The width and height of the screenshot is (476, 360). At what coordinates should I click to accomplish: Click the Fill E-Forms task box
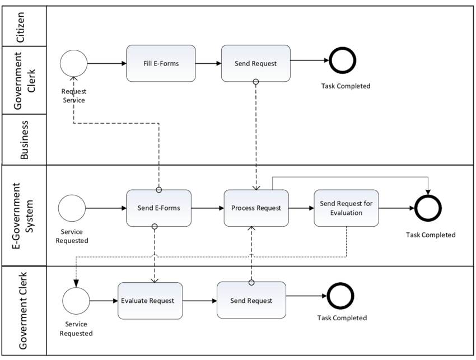click(161, 63)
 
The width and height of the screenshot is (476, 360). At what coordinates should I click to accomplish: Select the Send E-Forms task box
click(159, 208)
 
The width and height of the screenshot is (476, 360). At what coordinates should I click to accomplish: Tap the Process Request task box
click(256, 208)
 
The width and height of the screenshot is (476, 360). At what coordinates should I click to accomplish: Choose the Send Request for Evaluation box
click(346, 208)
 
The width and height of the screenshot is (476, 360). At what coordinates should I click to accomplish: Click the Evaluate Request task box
click(150, 300)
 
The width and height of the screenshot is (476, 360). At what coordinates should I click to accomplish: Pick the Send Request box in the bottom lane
click(251, 300)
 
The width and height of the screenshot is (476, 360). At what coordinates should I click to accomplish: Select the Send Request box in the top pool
click(256, 63)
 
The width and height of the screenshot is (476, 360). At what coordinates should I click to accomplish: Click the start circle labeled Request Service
click(73, 63)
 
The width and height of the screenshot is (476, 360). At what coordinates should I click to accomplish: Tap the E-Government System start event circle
click(72, 208)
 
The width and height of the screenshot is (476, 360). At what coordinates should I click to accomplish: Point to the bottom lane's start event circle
click(77, 300)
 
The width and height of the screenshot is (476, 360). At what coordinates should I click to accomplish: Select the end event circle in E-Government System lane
click(429, 208)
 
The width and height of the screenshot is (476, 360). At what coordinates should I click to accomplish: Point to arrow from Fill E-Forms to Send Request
click(208, 63)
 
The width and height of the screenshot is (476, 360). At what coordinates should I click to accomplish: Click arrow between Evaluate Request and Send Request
click(199, 300)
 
